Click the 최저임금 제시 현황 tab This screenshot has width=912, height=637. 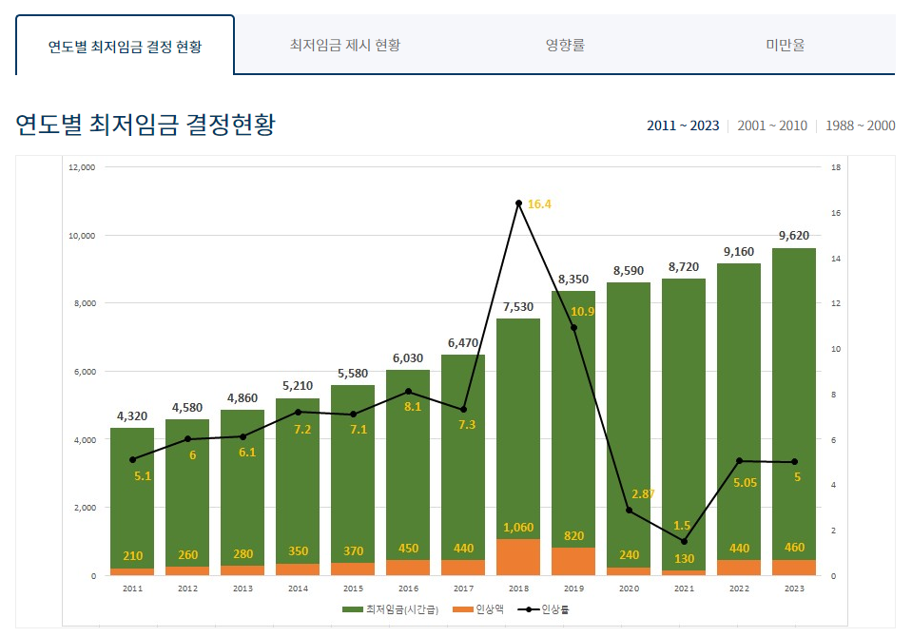(x=345, y=45)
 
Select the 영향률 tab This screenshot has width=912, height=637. (x=565, y=45)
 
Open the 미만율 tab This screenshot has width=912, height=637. (x=785, y=45)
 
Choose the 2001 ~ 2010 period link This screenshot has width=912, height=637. (x=771, y=125)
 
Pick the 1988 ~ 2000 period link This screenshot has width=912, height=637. (x=860, y=125)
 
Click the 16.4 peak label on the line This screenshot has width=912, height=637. (x=540, y=204)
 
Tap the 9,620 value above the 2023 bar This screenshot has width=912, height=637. (x=793, y=235)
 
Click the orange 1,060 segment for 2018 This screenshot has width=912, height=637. (x=518, y=557)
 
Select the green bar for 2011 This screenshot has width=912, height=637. (x=132, y=494)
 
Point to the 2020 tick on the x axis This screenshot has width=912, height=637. (x=629, y=589)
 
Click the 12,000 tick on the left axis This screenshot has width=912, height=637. (x=83, y=167)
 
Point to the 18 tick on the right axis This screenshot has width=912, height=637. (x=836, y=167)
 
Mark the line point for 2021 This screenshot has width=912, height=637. (x=684, y=541)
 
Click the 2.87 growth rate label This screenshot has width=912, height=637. (x=644, y=494)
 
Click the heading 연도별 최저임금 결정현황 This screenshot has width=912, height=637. (x=146, y=125)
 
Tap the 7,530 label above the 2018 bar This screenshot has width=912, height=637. (x=518, y=305)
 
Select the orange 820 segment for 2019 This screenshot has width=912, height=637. (x=573, y=561)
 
